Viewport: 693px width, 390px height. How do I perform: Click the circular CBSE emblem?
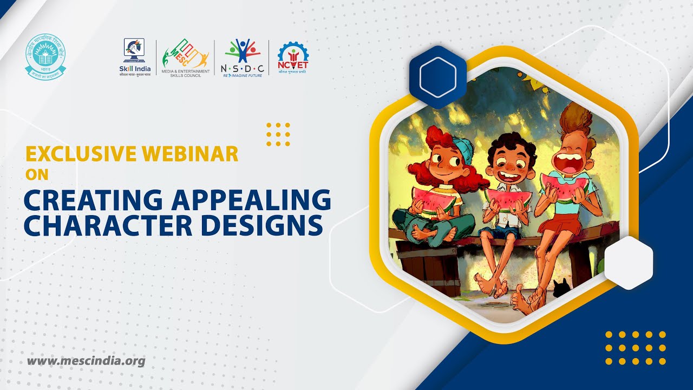[45, 56]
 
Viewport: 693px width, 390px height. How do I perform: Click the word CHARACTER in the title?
[104, 226]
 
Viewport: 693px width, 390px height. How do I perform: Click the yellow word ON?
[37, 175]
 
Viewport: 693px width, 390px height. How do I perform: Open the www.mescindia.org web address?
[86, 360]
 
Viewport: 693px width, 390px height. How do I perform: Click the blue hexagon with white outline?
[437, 77]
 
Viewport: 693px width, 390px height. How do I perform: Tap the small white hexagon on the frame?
[628, 263]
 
